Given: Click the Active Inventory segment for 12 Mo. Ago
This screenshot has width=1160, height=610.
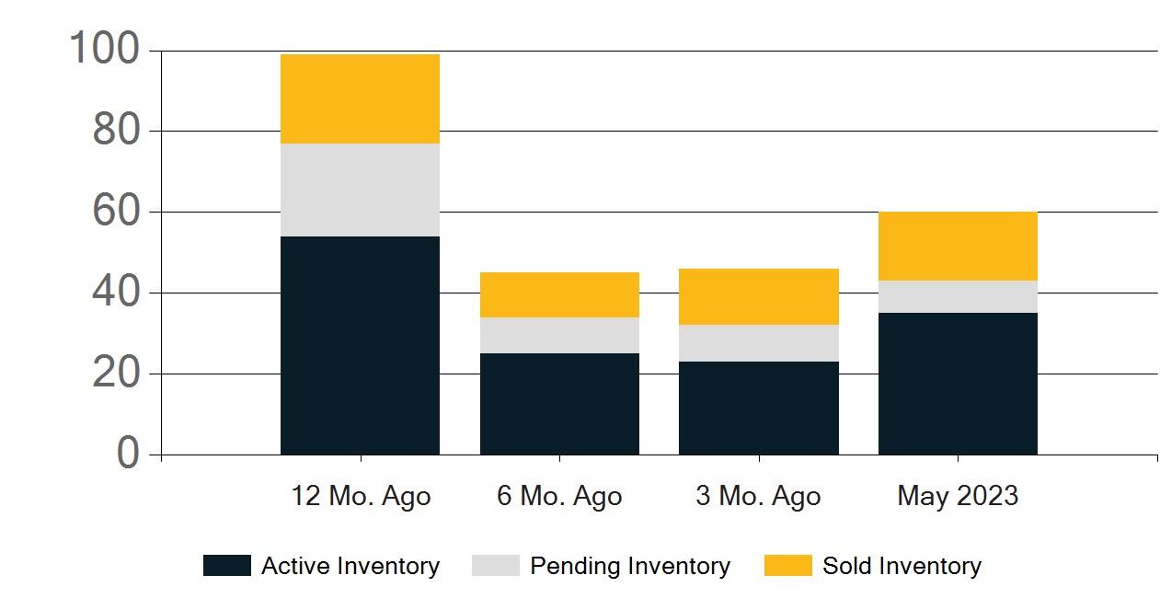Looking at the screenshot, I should click(360, 345).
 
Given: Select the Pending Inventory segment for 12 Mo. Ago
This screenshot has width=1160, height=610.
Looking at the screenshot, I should click(360, 190).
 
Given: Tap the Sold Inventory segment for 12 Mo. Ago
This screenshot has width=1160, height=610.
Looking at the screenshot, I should click(360, 98).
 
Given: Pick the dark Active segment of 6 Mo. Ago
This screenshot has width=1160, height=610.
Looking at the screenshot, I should click(559, 404).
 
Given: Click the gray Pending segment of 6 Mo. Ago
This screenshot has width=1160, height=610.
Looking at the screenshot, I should click(559, 335).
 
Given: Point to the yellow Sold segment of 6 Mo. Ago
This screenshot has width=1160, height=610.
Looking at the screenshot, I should click(559, 294).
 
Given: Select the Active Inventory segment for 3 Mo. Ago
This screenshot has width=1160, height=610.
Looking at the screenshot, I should click(758, 408).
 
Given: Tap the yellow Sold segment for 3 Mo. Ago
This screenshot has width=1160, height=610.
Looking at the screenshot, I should click(758, 296).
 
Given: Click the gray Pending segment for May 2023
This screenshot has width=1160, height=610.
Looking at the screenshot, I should click(958, 296).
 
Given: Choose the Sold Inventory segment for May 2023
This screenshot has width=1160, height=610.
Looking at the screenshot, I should click(958, 246).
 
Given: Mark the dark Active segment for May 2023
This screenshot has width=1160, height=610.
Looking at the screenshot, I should click(958, 384).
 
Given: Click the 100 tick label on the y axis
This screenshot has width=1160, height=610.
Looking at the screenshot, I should click(104, 50).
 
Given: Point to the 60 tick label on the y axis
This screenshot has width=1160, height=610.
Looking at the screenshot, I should click(116, 212).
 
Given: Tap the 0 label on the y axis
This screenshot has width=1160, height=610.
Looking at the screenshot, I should click(129, 454).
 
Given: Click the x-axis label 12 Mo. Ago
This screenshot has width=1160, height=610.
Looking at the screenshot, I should click(361, 497).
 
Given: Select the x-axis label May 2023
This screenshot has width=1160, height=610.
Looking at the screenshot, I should click(958, 497).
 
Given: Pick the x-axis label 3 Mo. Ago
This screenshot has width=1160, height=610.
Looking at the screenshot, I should click(758, 497).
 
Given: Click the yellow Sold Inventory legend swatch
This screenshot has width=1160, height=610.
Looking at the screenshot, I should click(787, 566).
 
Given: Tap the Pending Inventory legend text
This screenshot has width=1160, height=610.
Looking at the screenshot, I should click(630, 566).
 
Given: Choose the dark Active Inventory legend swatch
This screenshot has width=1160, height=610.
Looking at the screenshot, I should click(226, 566).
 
